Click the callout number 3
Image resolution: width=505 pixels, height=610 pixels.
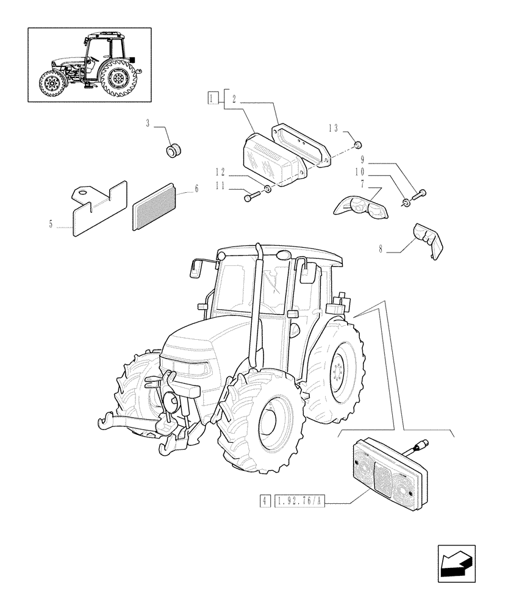click(x=148, y=124)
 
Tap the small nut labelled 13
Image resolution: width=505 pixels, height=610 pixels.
click(x=359, y=145)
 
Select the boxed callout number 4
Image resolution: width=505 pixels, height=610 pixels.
click(x=264, y=501)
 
